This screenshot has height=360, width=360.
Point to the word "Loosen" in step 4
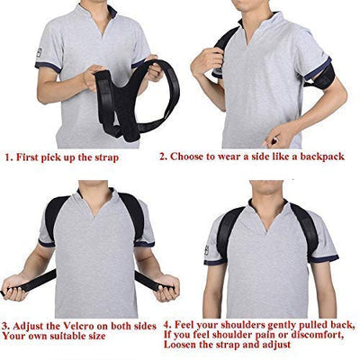coord(180,345)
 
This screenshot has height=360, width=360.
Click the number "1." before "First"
coord(8,157)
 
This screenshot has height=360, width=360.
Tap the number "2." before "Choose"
coord(164,157)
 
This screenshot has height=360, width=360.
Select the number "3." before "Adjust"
coord(5,326)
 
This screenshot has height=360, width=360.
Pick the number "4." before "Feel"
coord(167,325)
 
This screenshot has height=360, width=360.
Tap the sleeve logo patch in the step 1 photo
coord(40,53)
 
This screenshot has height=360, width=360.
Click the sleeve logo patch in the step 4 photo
coord(206,250)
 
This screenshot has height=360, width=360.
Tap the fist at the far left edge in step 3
coord(14,287)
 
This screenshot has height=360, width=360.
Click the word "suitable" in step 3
coord(67,336)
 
